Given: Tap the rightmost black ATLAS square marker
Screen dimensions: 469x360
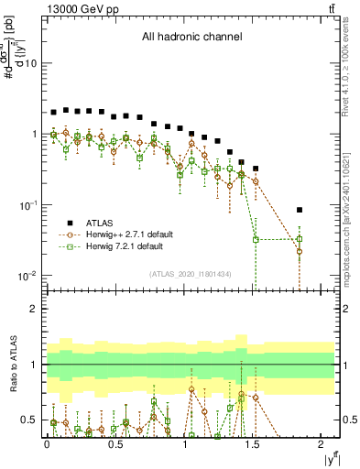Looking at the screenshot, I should pyautogui.click(x=300, y=210).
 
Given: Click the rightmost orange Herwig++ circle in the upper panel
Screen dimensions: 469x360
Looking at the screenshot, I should pyautogui.click(x=300, y=251).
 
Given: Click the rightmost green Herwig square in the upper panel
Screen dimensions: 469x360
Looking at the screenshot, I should pyautogui.click(x=300, y=240).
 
